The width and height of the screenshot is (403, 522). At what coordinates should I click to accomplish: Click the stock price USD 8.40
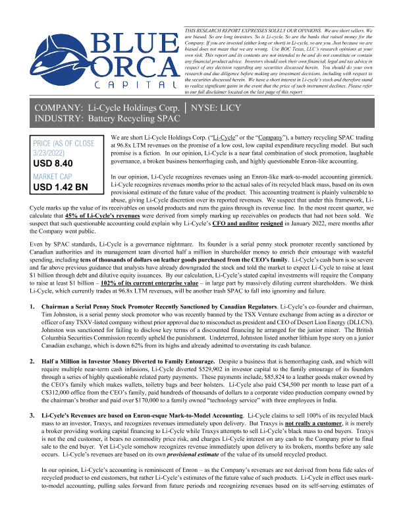coord(53,163)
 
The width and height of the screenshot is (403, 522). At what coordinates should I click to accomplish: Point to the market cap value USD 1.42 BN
coord(60,187)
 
